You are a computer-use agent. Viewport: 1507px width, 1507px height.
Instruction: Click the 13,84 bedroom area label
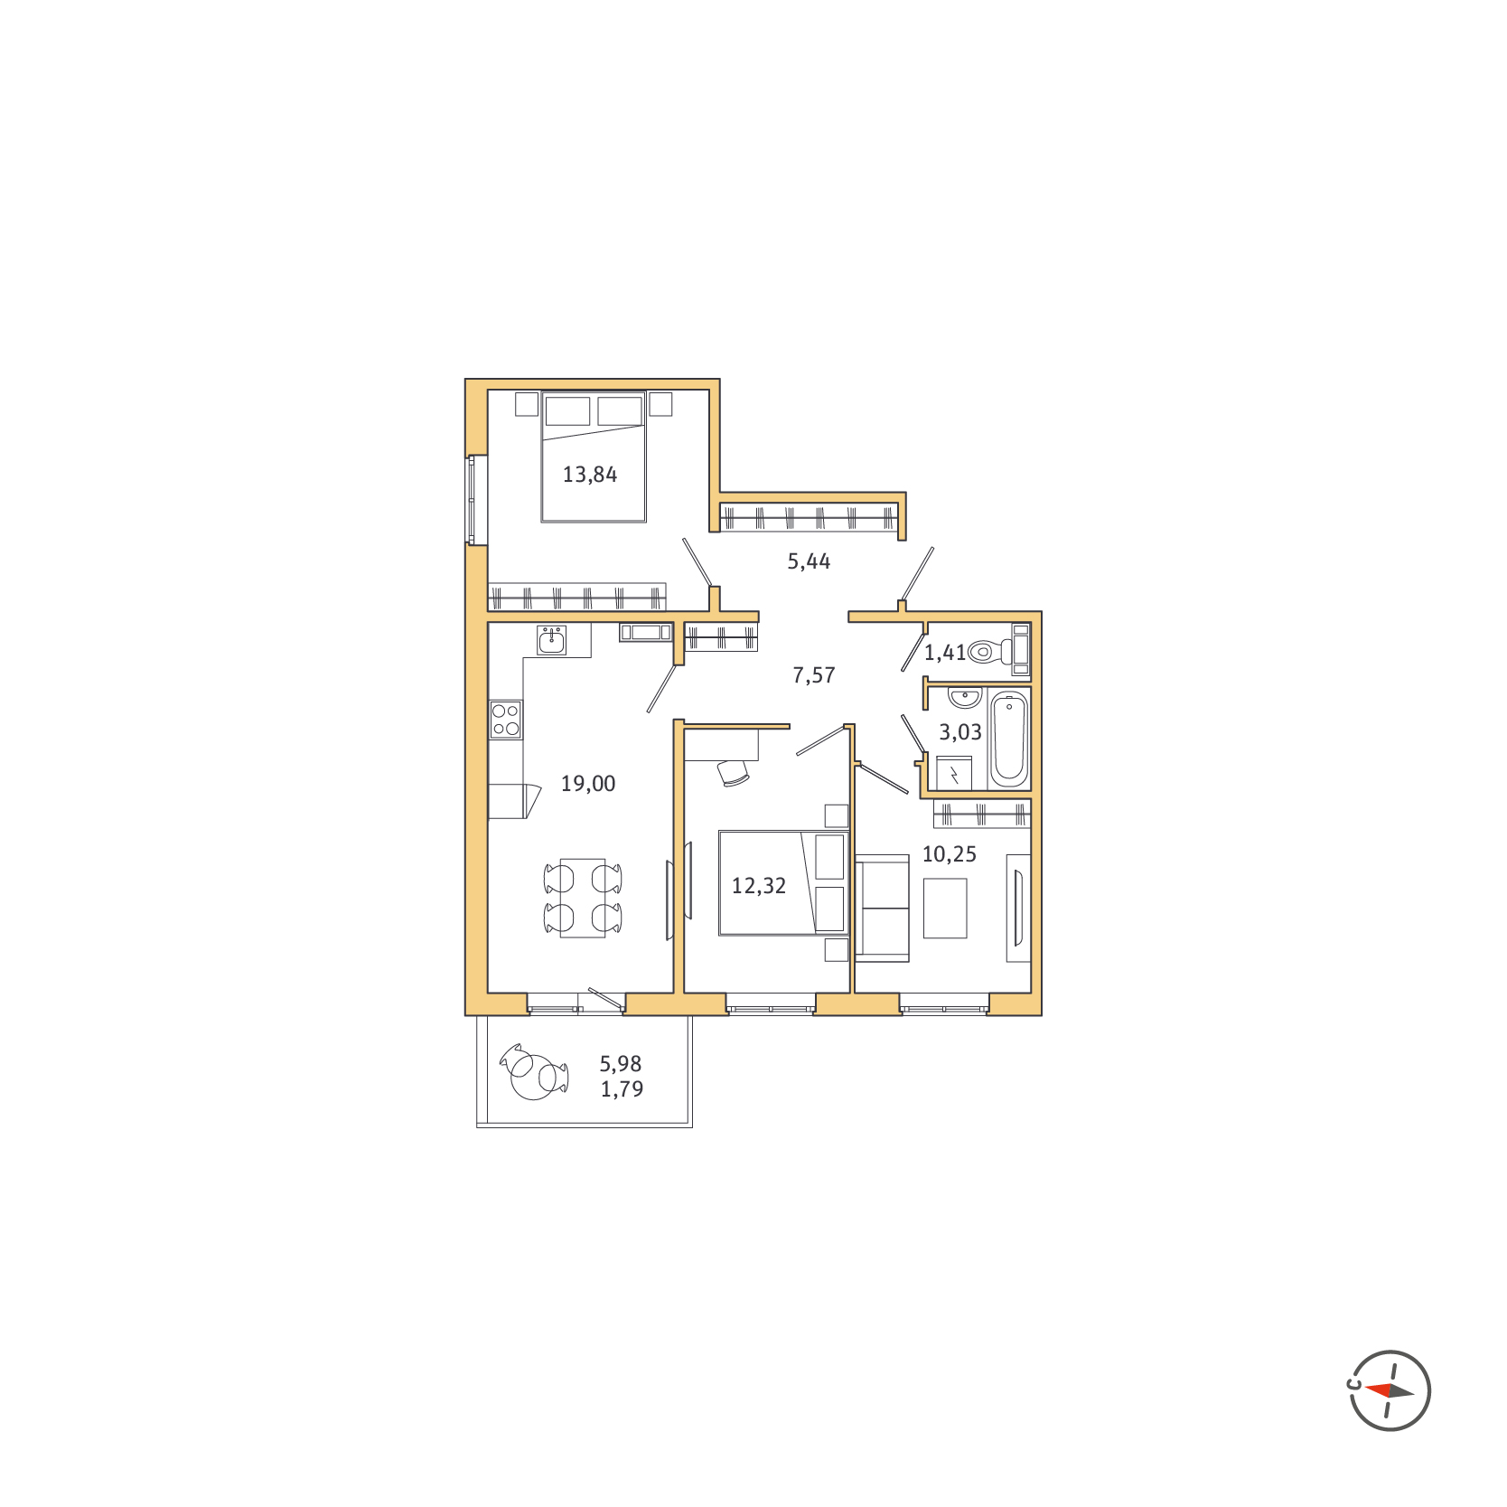590,475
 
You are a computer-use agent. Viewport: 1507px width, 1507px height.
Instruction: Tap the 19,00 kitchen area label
588,784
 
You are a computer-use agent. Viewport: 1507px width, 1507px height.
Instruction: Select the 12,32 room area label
759,886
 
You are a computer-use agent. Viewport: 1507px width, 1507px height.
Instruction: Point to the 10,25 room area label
949,854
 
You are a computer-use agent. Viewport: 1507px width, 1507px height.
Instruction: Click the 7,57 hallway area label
814,675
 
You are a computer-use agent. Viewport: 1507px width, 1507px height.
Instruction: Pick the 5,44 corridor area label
809,561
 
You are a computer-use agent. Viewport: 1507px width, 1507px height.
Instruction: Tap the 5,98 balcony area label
621,1064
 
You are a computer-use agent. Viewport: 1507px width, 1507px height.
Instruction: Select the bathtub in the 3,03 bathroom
1009,739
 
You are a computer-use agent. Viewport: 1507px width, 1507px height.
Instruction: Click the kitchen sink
551,640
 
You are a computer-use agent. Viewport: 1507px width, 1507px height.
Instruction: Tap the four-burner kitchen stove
506,720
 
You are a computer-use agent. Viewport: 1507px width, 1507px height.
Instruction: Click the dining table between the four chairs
583,898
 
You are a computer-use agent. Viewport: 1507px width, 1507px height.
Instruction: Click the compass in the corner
1390,1390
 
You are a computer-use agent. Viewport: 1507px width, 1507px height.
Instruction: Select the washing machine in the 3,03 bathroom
954,773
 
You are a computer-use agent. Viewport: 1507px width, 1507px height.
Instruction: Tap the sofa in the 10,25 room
882,908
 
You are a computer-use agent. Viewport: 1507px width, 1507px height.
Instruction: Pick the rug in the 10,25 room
945,908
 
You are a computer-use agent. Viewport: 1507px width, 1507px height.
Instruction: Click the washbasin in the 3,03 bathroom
965,698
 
